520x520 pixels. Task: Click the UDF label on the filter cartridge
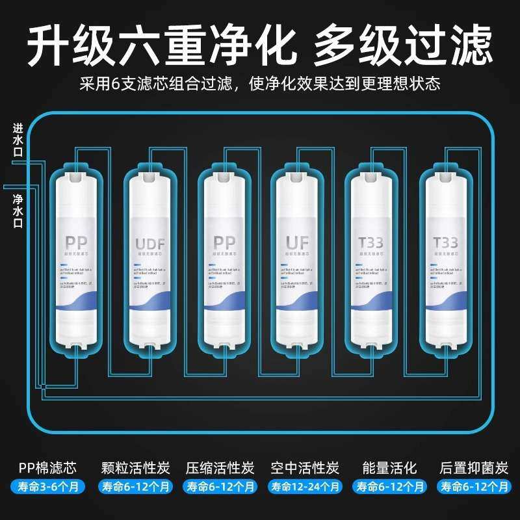150,244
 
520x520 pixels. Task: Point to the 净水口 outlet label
18,209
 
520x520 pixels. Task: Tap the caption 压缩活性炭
220,467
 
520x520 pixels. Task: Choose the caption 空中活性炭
305,467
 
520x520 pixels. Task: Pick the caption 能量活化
389,467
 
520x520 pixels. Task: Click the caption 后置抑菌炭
473,467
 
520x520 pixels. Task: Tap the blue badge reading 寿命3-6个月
47,486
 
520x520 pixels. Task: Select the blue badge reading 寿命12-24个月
305,486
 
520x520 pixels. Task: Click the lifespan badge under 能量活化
389,486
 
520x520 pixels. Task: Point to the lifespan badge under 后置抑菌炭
473,486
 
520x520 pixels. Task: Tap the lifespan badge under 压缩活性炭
220,486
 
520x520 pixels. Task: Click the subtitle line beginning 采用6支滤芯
260,84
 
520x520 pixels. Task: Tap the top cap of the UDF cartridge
151,170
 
